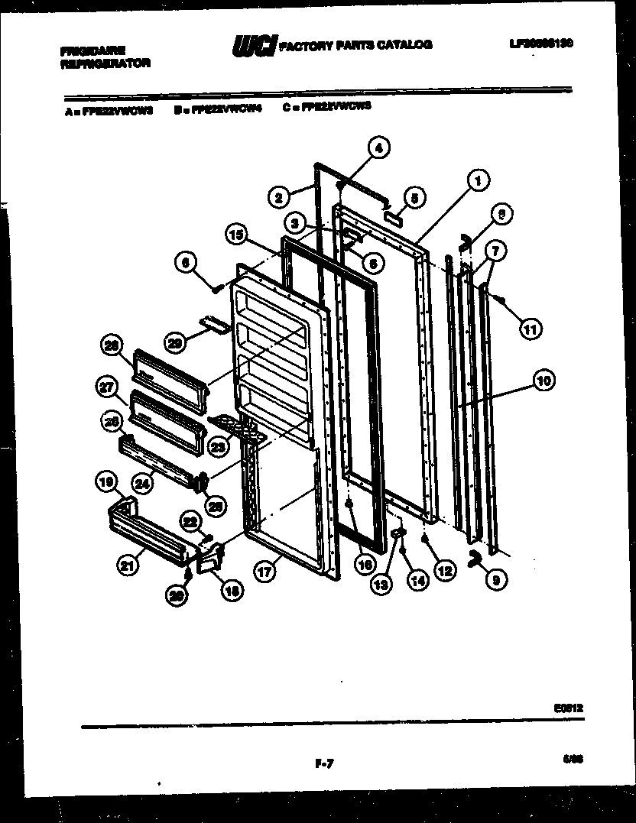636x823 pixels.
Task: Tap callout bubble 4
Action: (x=378, y=147)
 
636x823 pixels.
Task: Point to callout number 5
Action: (x=414, y=197)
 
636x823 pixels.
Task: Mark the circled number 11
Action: (x=529, y=329)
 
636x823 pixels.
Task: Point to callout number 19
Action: (x=106, y=482)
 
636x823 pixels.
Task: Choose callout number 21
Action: (x=128, y=565)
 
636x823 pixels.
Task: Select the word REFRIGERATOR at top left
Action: (x=105, y=63)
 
